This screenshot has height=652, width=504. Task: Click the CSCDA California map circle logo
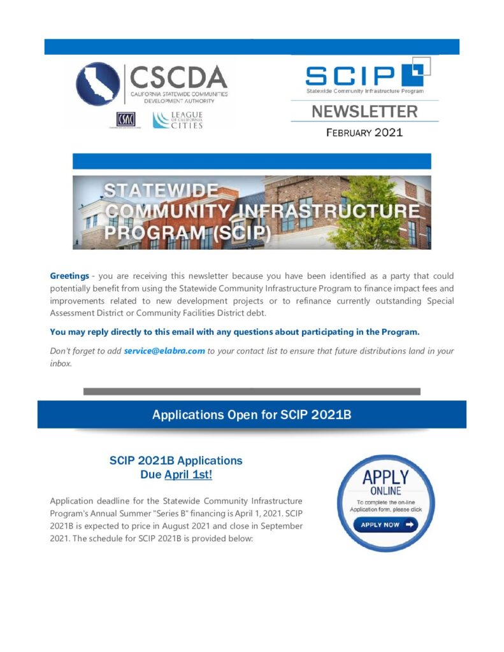click(97, 84)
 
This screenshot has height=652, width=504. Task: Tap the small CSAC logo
click(126, 120)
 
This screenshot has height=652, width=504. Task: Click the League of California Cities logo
click(178, 120)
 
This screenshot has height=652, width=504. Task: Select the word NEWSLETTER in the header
click(364, 112)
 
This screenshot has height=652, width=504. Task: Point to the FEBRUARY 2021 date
click(364, 133)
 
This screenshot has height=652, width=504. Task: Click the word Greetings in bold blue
click(69, 276)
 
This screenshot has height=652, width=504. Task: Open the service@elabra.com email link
click(164, 351)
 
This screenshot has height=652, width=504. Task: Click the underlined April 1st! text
click(188, 474)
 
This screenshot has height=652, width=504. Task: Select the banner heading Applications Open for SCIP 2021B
click(252, 415)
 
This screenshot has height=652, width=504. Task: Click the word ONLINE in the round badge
click(385, 491)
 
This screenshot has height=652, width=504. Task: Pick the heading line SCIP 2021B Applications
click(176, 460)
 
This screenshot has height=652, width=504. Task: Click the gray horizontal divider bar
click(252, 392)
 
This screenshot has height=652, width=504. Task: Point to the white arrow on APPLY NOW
click(409, 525)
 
